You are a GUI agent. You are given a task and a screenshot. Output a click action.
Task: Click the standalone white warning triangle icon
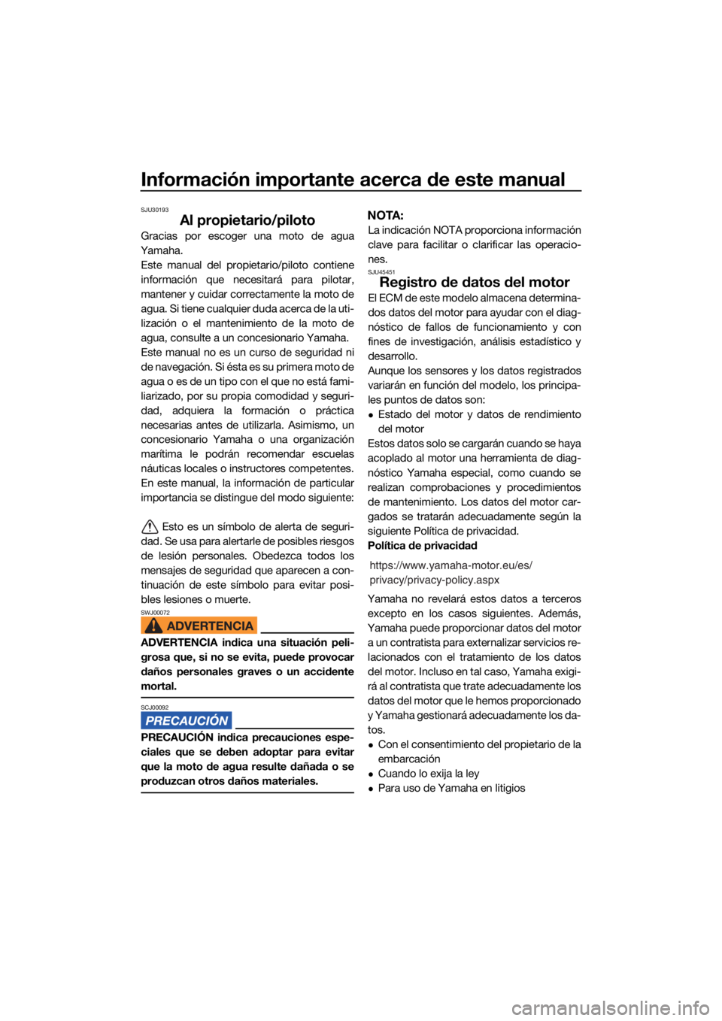click(150, 527)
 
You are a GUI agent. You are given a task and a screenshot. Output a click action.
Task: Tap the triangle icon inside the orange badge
click(153, 626)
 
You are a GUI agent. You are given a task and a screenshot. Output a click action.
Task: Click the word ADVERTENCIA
click(210, 626)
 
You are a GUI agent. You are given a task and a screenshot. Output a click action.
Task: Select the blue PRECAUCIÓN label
click(187, 720)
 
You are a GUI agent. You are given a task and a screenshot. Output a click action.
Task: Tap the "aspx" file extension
click(487, 580)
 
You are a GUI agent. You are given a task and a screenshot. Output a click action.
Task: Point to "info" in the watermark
click(696, 1007)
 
